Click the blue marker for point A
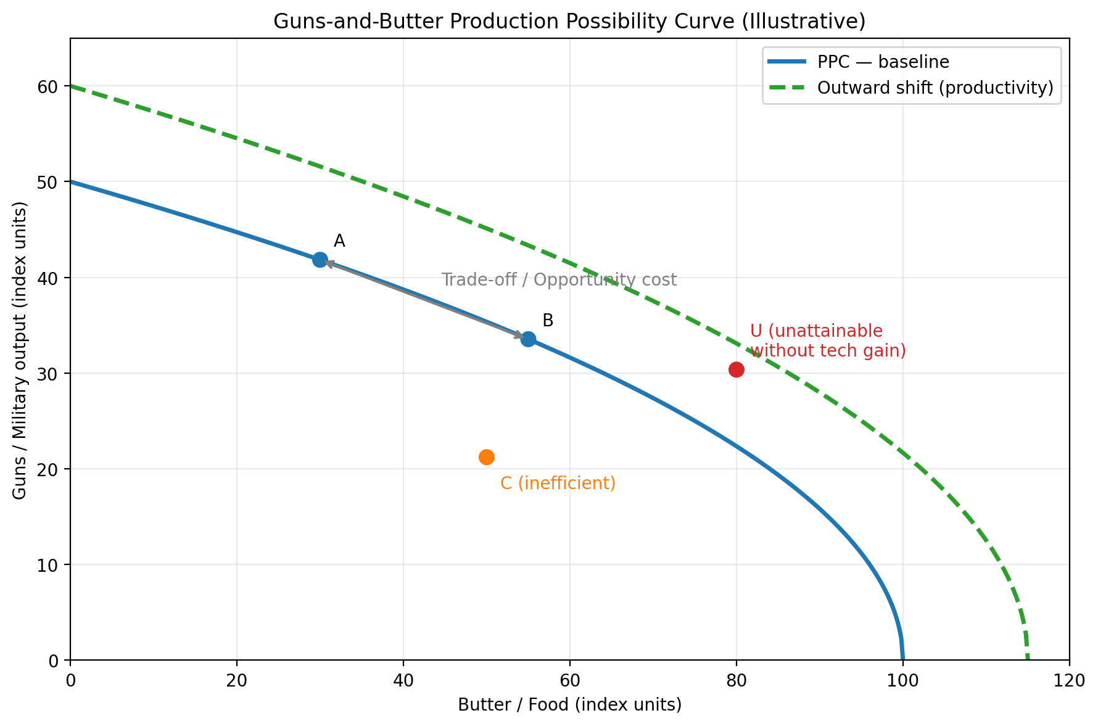coord(320,260)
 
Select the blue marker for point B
coord(528,339)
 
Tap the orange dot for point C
coord(486,457)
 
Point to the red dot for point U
coord(736,369)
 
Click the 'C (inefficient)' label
coord(558,484)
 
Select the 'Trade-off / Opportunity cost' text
coord(559,280)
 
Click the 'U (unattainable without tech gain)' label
coord(827,341)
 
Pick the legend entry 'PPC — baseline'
coord(883,62)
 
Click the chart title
coord(569,22)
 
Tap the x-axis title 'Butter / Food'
coord(569,705)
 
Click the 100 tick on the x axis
coord(902,680)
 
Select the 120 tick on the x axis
coord(1069,680)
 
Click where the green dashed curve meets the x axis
coord(1027,659)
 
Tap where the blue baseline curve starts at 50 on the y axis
coord(72,182)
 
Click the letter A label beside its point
coord(339,241)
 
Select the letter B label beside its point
coord(548,321)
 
